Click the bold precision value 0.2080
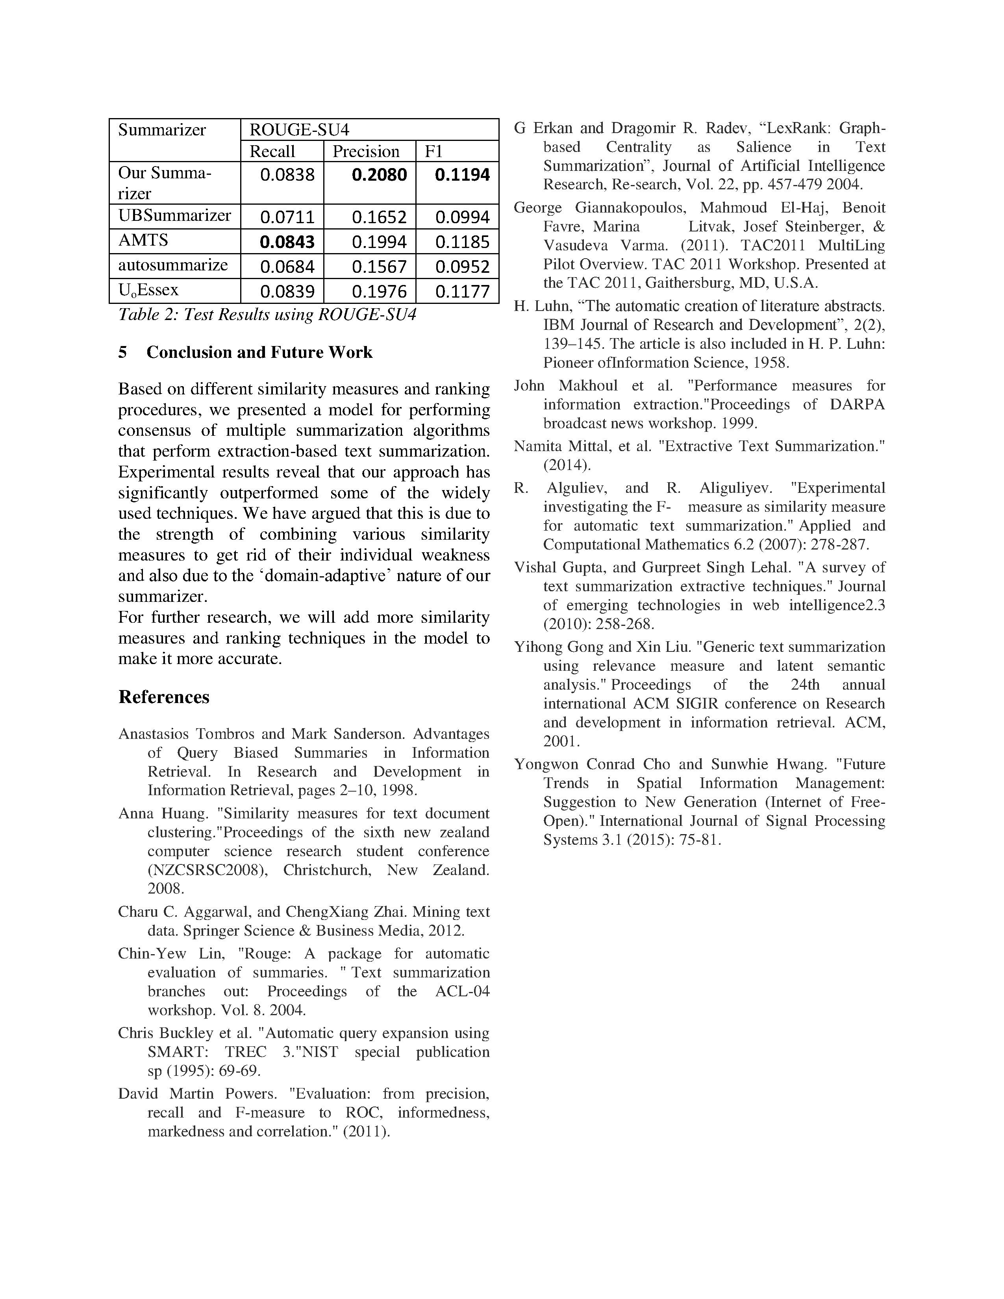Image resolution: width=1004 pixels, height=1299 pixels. pyautogui.click(x=379, y=175)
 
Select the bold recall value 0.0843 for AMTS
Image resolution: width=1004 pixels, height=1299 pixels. pyautogui.click(x=287, y=242)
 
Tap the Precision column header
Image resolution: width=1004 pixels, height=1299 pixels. pyautogui.click(x=366, y=152)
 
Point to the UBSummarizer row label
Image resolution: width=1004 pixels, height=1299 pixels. pyautogui.click(x=174, y=215)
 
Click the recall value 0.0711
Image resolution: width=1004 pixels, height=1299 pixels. pyautogui.click(x=287, y=217)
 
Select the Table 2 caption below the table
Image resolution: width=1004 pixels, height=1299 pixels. pyautogui.click(x=267, y=314)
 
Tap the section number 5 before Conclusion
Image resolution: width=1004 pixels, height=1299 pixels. pyautogui.click(x=122, y=352)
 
